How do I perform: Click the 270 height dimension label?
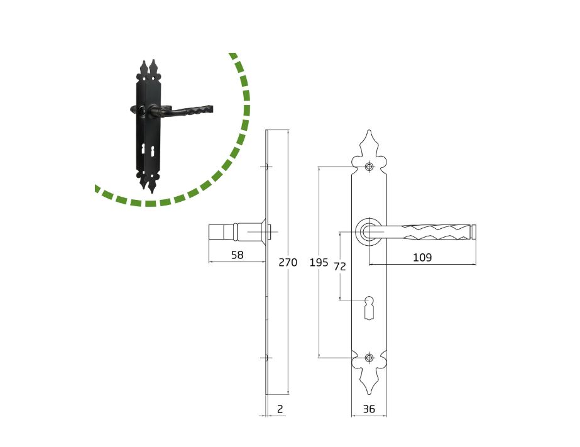coord(288,262)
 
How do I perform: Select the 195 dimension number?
coord(319,262)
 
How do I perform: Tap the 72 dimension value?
coord(340,267)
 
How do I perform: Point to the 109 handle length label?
coord(422,257)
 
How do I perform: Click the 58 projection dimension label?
coord(237,255)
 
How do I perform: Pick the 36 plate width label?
coord(369,409)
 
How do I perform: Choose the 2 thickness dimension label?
coord(280,409)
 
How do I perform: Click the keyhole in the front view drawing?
coord(369,308)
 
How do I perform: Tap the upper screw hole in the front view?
coord(369,167)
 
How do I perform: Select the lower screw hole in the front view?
coord(369,358)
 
